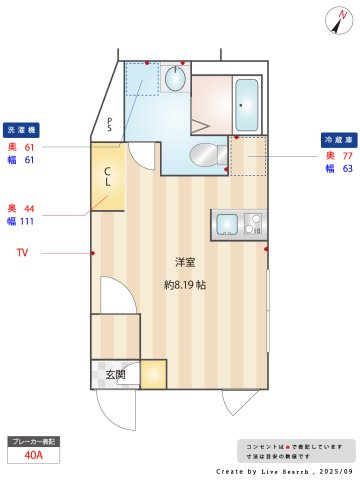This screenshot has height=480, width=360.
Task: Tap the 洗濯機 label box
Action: pyautogui.click(x=22, y=131)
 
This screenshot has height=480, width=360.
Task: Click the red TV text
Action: pyautogui.click(x=22, y=253)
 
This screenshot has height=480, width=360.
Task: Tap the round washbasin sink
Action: pyautogui.click(x=176, y=78)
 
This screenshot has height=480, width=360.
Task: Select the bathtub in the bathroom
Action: pyautogui.click(x=246, y=99)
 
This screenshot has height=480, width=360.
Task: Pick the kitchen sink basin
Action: pyautogui.click(x=225, y=223)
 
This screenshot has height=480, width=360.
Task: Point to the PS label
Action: pyautogui.click(x=111, y=124)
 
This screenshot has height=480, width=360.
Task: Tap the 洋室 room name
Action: pyautogui.click(x=185, y=263)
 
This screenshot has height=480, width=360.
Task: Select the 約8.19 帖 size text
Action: pyautogui.click(x=185, y=284)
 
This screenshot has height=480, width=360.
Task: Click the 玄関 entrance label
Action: pyautogui.click(x=116, y=376)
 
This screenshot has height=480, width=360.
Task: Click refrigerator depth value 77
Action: pyautogui.click(x=348, y=155)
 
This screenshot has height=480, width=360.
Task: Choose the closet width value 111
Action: pyautogui.click(x=27, y=221)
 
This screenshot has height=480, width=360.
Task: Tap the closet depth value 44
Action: pyautogui.click(x=29, y=207)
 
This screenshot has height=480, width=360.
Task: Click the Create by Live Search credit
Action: pyautogui.click(x=285, y=469)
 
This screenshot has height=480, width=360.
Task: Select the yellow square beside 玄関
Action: pyautogui.click(x=153, y=374)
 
